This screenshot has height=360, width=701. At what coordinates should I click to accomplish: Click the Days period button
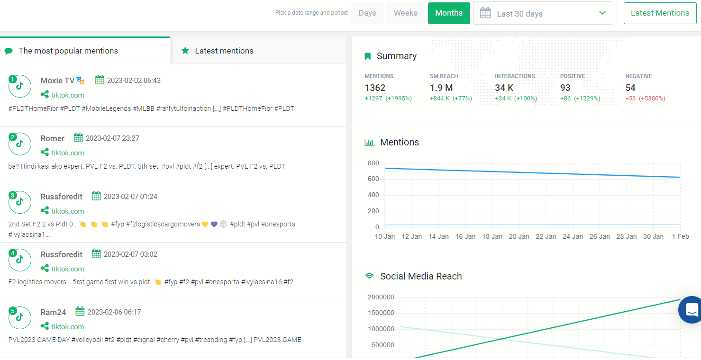pyautogui.click(x=367, y=13)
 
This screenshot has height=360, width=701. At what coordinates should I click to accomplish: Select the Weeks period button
pyautogui.click(x=406, y=13)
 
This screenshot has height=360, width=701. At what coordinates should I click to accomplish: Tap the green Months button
pyautogui.click(x=449, y=13)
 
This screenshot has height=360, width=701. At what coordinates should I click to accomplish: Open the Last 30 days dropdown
pyautogui.click(x=543, y=13)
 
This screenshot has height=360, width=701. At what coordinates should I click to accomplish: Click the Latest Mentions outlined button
pyautogui.click(x=660, y=13)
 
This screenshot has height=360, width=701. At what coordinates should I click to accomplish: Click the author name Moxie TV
pyautogui.click(x=57, y=81)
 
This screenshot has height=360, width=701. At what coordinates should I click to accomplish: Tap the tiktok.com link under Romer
pyautogui.click(x=68, y=153)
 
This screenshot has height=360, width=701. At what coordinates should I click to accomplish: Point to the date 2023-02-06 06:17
pyautogui.click(x=114, y=312)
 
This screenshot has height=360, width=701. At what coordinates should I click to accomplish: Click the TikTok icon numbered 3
pyautogui.click(x=20, y=202)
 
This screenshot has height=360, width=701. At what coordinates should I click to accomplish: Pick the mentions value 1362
pyautogui.click(x=375, y=88)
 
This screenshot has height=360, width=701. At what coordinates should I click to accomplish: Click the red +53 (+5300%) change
pyautogui.click(x=645, y=99)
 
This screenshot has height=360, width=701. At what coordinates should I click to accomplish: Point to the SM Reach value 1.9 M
pyautogui.click(x=441, y=88)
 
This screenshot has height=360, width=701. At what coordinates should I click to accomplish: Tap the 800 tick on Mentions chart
pyautogui.click(x=373, y=163)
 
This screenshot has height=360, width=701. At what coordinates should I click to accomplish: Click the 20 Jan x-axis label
pyautogui.click(x=519, y=236)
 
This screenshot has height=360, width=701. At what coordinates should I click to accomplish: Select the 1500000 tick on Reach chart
pyautogui.click(x=381, y=313)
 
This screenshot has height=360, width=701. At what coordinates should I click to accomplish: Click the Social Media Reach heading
pyautogui.click(x=421, y=276)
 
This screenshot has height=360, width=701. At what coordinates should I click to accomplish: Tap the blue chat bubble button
pyautogui.click(x=691, y=310)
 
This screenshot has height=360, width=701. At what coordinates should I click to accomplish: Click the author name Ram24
pyautogui.click(x=53, y=313)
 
